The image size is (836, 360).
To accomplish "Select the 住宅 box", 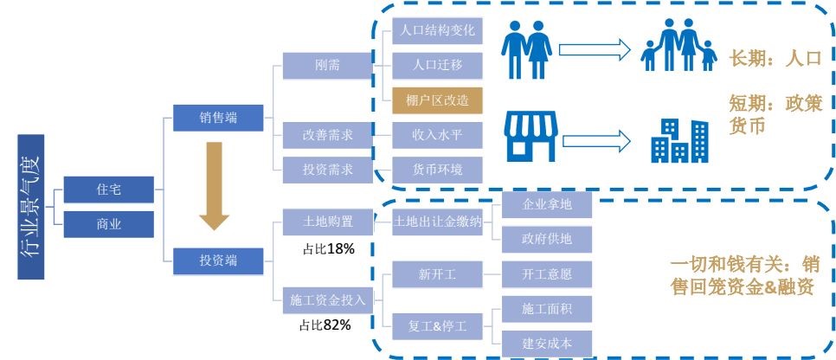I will (108, 188).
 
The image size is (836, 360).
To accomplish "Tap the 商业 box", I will (108, 224).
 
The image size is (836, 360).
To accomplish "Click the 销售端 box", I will (218, 118).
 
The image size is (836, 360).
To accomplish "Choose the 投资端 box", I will (218, 259).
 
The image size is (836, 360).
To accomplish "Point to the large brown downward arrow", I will (213, 188).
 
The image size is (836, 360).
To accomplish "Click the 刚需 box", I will (326, 65).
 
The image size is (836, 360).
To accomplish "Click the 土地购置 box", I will (326, 221).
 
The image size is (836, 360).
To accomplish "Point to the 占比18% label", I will (327, 248).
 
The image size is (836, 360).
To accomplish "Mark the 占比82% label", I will (327, 325).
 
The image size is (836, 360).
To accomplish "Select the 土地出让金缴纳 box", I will (437, 221).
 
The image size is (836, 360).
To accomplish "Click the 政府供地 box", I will (547, 238).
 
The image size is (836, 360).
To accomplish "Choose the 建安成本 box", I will (547, 343).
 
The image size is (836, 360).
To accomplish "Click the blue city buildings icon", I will (679, 139).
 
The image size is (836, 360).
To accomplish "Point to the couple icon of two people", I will (527, 49).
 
